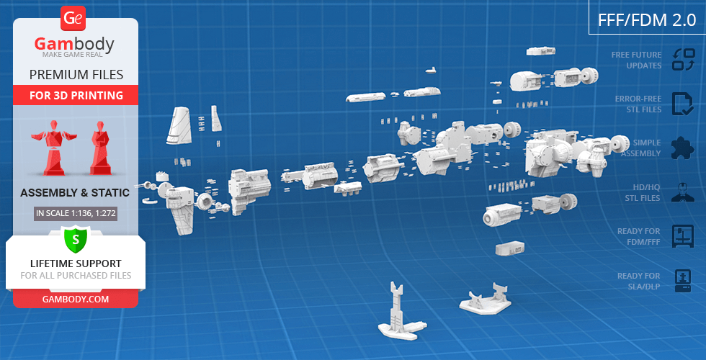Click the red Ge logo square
click(73, 18)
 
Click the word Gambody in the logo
click(74, 44)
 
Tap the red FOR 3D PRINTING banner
click(76, 95)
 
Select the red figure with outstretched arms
click(53, 147)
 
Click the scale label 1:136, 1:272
click(76, 213)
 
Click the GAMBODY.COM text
click(76, 300)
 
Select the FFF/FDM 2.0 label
click(647, 20)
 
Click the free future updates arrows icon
click(684, 60)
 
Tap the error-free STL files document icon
click(683, 104)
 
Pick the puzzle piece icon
click(683, 148)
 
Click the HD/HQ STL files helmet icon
click(683, 192)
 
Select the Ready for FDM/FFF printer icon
click(683, 236)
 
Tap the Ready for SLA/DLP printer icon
click(683, 281)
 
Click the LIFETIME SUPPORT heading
click(76, 264)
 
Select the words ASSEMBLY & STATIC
click(75, 193)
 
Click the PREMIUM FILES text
click(76, 75)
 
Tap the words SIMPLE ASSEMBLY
click(641, 148)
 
